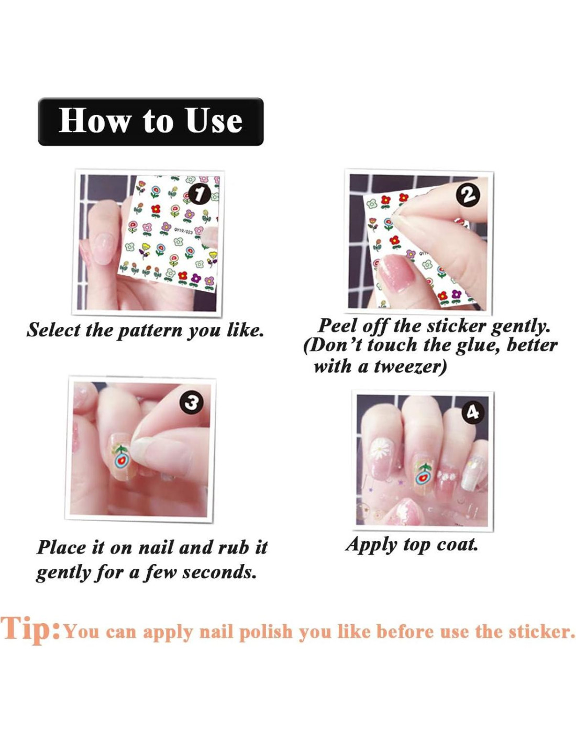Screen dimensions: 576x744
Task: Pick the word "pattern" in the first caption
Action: (x=150, y=331)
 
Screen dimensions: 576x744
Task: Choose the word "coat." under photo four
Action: (x=457, y=544)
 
